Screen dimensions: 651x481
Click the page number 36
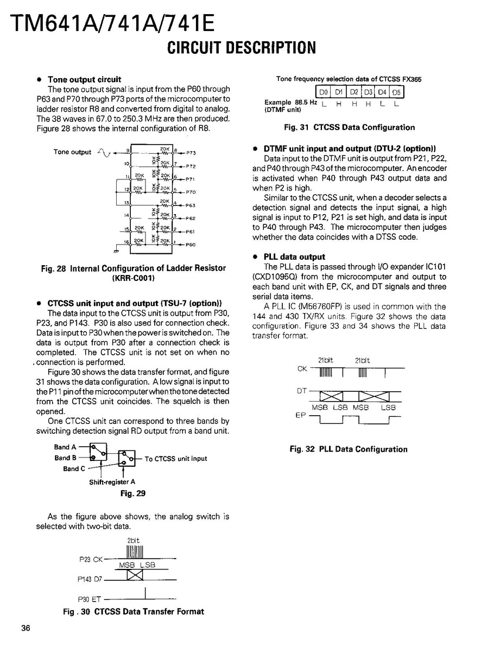pyautogui.click(x=26, y=629)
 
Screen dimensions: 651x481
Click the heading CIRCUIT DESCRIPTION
pyautogui.click(x=241, y=48)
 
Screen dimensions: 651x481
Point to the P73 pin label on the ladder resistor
pyautogui.click(x=191, y=153)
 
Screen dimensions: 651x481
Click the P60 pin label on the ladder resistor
pyautogui.click(x=191, y=245)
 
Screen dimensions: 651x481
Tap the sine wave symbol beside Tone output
pyautogui.click(x=103, y=153)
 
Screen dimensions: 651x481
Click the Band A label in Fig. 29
pyautogui.click(x=65, y=447)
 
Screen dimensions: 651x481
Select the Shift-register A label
pyautogui.click(x=112, y=482)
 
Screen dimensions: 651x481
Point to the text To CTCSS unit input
pyautogui.click(x=176, y=459)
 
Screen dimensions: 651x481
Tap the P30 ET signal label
pyautogui.click(x=90, y=600)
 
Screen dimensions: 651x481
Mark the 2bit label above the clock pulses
pyautogui.click(x=134, y=541)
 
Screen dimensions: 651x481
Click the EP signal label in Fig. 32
pyautogui.click(x=300, y=415)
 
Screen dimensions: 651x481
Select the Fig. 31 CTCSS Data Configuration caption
pyautogui.click(x=349, y=128)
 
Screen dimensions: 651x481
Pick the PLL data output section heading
pyautogui.click(x=294, y=256)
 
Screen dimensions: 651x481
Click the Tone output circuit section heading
pyautogui.click(x=84, y=79)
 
